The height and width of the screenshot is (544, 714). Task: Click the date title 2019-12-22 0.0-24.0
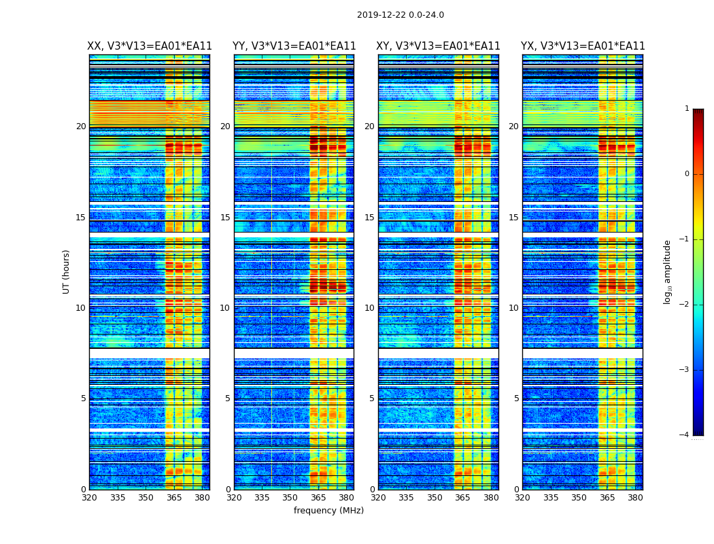(x=400, y=15)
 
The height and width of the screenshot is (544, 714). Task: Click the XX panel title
(x=150, y=46)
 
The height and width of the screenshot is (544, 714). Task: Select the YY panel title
(x=294, y=46)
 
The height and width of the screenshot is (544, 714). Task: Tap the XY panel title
(x=439, y=46)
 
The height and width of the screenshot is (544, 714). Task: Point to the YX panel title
(x=583, y=46)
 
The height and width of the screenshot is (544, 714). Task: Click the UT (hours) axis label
(x=67, y=271)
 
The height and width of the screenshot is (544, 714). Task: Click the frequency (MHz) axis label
(x=328, y=511)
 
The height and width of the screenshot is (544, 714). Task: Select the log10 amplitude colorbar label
(x=668, y=271)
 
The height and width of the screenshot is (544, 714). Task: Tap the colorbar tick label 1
(x=686, y=109)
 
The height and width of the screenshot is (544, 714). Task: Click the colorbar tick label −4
(x=685, y=435)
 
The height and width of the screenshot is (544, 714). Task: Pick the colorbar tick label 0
(x=686, y=174)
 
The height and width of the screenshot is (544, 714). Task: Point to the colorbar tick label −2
(x=685, y=305)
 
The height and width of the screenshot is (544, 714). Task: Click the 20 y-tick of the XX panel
(x=81, y=126)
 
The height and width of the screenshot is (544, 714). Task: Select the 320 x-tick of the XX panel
(x=89, y=498)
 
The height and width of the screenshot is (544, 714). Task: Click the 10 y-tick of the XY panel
(x=369, y=308)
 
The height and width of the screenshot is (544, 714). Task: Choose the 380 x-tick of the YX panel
(x=635, y=498)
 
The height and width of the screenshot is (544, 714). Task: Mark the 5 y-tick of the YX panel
(x=517, y=398)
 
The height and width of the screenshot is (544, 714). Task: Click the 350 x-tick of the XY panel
(x=435, y=498)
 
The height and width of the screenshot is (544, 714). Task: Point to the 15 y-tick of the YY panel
(x=225, y=218)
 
